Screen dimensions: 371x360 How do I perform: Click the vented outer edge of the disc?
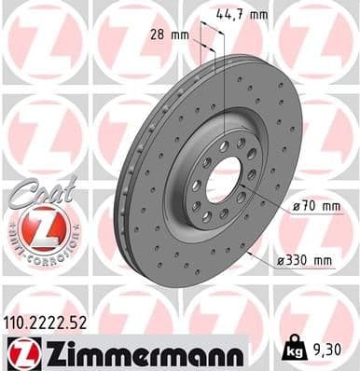pos(120,205)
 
